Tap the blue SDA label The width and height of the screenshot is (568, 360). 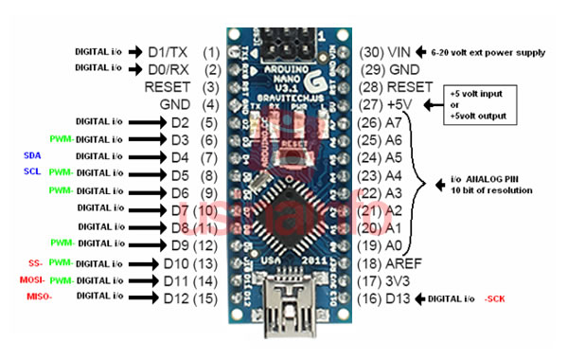coord(29,155)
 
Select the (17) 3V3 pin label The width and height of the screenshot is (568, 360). coord(387,280)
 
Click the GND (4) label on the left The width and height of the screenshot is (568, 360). coord(193,104)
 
